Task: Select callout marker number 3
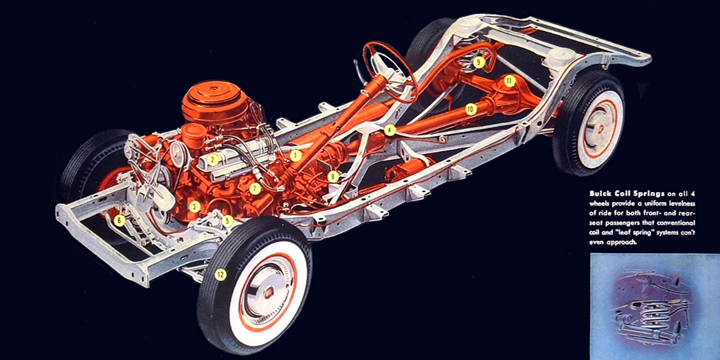(x=194, y=207)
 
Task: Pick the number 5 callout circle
(x=228, y=220)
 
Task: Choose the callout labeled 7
(x=255, y=189)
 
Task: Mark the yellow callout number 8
(x=333, y=177)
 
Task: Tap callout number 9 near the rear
(x=479, y=62)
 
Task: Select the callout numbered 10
(x=471, y=109)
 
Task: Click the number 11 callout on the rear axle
(x=509, y=81)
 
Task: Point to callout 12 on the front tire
(x=221, y=273)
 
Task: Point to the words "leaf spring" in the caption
(x=633, y=232)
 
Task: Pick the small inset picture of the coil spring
(x=654, y=307)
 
